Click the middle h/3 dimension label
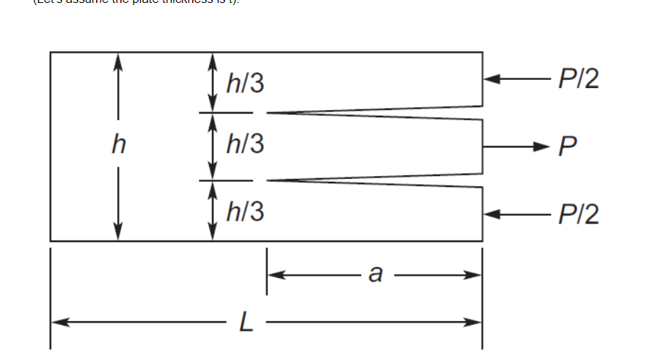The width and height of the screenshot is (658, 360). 245,146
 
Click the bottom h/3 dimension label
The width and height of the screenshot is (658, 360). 245,213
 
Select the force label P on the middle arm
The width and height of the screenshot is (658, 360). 566,147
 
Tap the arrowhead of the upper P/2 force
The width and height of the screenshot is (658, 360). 491,78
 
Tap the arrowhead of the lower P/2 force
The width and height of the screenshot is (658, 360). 491,214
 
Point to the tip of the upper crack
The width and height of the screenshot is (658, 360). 267,113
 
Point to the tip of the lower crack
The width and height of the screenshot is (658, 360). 267,180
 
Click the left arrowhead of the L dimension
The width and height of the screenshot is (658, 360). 57,321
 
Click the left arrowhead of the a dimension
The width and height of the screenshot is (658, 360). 274,275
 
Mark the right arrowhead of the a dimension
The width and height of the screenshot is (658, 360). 475,275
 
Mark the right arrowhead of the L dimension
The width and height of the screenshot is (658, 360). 475,321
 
